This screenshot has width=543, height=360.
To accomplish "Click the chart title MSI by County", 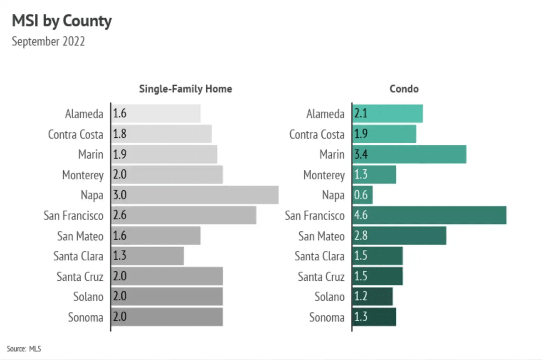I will tap(62, 21).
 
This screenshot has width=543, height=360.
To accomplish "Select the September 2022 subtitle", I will tap(48, 41).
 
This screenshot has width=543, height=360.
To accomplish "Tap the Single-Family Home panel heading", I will tap(185, 89).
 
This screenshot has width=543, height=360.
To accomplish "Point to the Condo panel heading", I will tap(404, 89).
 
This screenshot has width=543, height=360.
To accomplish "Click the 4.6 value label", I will tap(361, 215).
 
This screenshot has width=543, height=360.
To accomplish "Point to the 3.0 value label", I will tap(120, 195).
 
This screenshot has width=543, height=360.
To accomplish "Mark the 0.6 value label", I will tap(361, 195).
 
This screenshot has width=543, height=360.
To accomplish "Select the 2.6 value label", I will tap(120, 215).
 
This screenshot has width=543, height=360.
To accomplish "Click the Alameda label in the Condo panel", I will tap(325, 114).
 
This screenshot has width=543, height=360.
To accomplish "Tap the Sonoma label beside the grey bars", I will tap(85, 317).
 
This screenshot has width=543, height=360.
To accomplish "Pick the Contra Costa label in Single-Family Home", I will tap(75, 134).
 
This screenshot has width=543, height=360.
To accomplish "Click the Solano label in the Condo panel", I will tap(329, 297).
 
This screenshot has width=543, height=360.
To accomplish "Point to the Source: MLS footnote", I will tap(24, 349).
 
